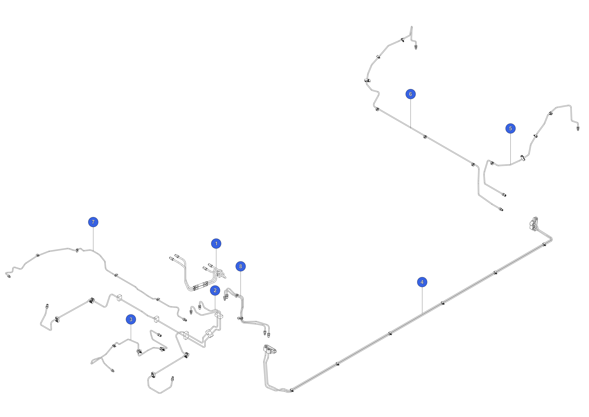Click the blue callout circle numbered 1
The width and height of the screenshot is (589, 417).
click(x=216, y=243)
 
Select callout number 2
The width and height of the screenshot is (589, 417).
click(x=215, y=290)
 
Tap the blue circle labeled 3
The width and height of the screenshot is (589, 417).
click(x=131, y=319)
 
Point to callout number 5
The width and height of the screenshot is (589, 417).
click(x=510, y=128)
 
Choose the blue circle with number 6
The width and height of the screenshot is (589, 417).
click(x=411, y=94)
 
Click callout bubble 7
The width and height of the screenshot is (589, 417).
click(x=93, y=222)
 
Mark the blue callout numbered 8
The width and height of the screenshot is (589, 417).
click(x=240, y=266)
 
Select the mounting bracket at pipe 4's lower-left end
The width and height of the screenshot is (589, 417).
click(x=269, y=350)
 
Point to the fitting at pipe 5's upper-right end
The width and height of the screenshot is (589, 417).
click(x=578, y=128)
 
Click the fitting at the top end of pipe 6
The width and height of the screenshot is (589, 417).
click(x=416, y=47)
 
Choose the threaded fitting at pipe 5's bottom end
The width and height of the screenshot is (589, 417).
click(x=504, y=194)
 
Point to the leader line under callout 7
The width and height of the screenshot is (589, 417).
click(x=93, y=239)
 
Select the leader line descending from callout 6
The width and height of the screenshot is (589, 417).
click(x=411, y=114)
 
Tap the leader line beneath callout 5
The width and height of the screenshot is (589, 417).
click(x=510, y=149)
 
